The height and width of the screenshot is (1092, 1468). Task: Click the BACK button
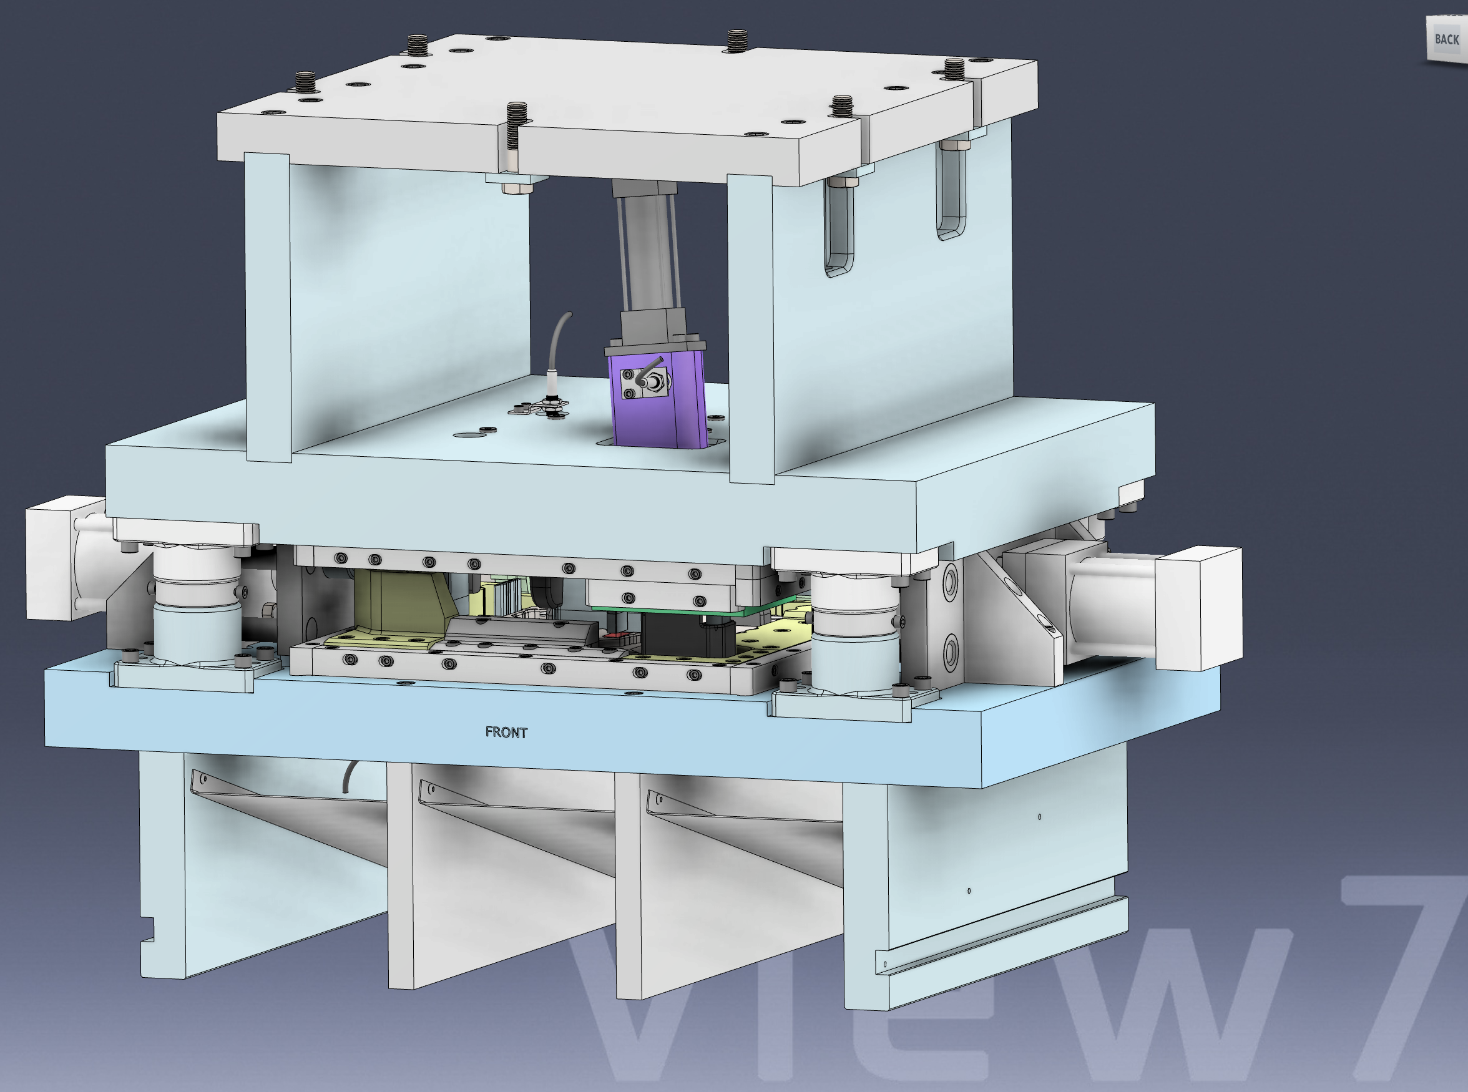pos(1446,40)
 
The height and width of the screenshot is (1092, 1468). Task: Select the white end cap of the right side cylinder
pos(1198,608)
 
